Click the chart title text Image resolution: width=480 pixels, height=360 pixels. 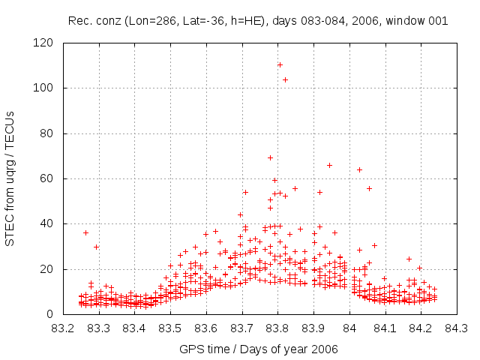point(258,21)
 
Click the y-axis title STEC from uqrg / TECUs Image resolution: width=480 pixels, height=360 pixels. point(10,178)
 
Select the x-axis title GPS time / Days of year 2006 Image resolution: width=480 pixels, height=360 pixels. point(258,349)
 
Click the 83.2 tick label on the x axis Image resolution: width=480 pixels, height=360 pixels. point(63,328)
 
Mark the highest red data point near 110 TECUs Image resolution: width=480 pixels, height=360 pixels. point(280,64)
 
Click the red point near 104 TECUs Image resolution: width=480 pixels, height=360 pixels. point(285,79)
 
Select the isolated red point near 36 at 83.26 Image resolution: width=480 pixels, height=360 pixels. point(85,232)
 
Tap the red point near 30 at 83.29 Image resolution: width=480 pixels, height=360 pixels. point(96,247)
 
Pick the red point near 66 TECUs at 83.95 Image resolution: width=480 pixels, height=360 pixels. point(329,165)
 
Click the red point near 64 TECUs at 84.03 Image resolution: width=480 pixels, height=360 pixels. point(359,169)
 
